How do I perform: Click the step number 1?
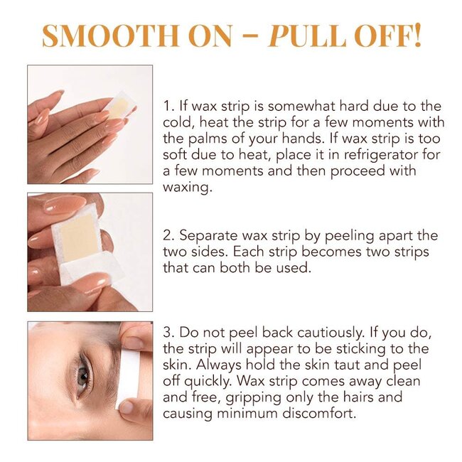point(167,107)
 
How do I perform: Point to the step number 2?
point(168,236)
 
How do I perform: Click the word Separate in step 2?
point(206,236)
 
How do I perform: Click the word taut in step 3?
point(327,365)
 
